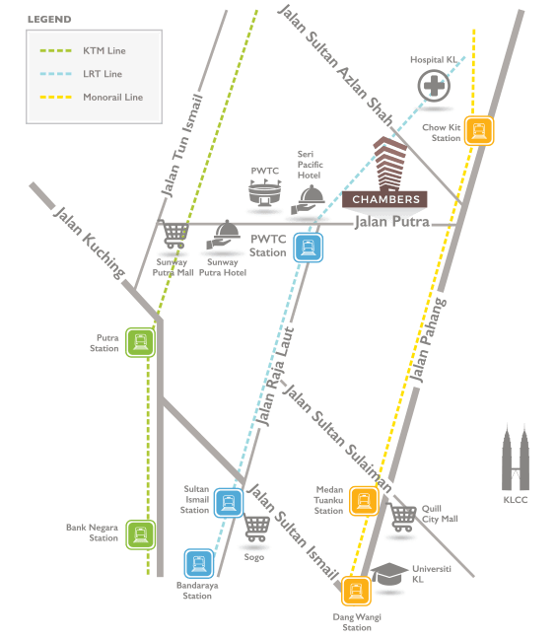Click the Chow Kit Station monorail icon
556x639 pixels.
[479, 131]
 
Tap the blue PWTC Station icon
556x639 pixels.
[309, 248]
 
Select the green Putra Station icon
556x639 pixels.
[140, 342]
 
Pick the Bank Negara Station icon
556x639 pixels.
[140, 534]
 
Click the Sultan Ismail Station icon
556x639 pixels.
[229, 503]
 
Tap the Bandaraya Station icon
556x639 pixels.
[199, 564]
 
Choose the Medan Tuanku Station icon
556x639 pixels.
[364, 501]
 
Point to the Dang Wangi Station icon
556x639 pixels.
[356, 591]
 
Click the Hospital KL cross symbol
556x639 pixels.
[434, 86]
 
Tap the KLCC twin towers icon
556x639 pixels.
[516, 458]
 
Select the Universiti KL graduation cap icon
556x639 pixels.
[389, 574]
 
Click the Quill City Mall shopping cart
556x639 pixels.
[401, 518]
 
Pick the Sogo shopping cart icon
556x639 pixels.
[256, 528]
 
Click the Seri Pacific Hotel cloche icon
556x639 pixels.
[309, 199]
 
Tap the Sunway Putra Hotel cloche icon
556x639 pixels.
[223, 235]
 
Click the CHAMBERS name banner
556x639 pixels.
[384, 199]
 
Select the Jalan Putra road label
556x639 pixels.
[391, 222]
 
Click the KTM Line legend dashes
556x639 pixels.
[56, 51]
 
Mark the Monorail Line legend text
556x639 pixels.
[112, 97]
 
